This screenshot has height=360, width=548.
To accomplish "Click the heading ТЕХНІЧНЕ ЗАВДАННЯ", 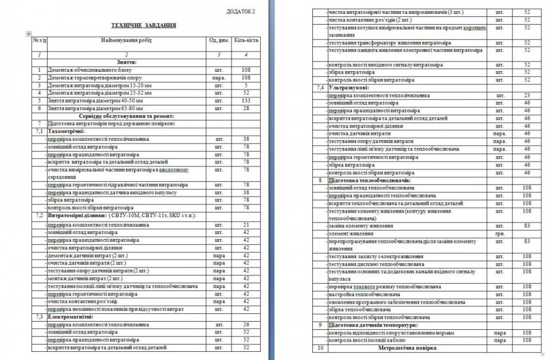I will click(144, 25).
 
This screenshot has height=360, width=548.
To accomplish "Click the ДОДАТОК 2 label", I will click(241, 12).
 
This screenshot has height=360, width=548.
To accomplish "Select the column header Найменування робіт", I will click(125, 41).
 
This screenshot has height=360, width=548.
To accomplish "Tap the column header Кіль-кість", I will click(246, 41).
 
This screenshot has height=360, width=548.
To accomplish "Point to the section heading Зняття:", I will click(126, 62).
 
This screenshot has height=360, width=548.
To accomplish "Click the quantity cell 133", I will click(246, 101).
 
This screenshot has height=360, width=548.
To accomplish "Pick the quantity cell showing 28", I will click(246, 108).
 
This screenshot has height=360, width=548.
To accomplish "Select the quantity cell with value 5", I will click(246, 85).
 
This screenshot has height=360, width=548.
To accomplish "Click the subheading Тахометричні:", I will click(66, 132).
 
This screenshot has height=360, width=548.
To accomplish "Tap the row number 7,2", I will click(38, 215).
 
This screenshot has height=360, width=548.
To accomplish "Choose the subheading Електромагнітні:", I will click(71, 316).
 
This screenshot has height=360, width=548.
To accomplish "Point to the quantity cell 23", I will click(527, 95).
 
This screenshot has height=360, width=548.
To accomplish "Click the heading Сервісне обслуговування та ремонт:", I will click(126, 116).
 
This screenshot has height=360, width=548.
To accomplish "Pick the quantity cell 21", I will click(246, 225).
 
